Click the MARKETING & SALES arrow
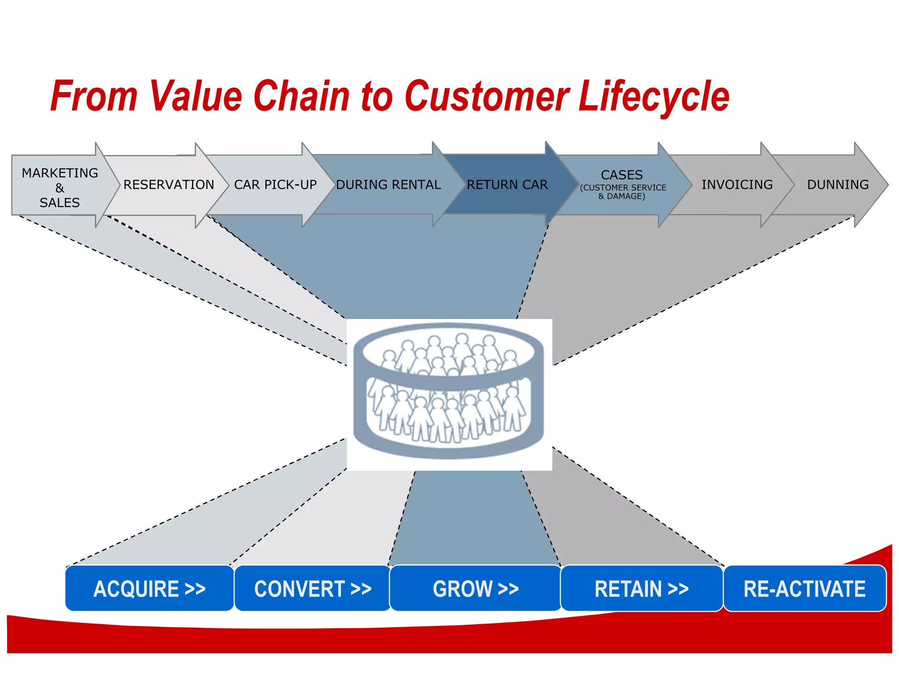(60, 187)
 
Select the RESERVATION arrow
(169, 185)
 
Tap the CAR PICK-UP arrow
(275, 185)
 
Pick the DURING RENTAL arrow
(388, 185)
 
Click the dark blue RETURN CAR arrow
(507, 185)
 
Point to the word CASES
(622, 175)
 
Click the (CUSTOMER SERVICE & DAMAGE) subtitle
(622, 192)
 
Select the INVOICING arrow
(737, 185)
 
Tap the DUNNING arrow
(838, 185)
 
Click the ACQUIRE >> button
(149, 588)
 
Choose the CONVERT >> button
(313, 588)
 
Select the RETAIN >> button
(641, 588)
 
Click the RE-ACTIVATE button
(804, 588)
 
